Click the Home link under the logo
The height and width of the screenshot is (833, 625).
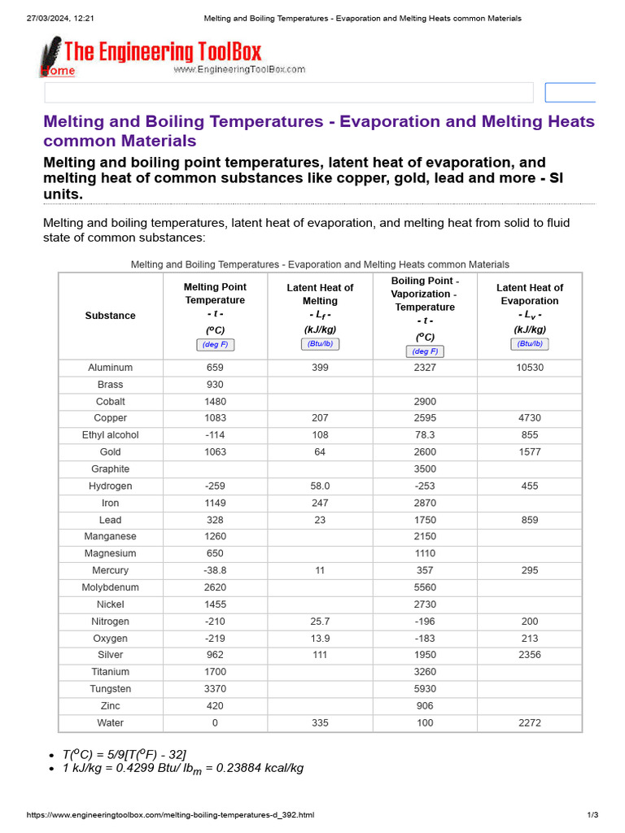pyautogui.click(x=58, y=71)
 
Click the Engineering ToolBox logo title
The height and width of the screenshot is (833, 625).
pyautogui.click(x=162, y=53)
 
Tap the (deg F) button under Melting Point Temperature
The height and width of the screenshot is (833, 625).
pyautogui.click(x=215, y=345)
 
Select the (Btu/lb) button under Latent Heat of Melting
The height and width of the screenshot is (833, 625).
pyautogui.click(x=320, y=344)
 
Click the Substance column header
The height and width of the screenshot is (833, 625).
pyautogui.click(x=111, y=316)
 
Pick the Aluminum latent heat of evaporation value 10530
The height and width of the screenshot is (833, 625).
pyautogui.click(x=529, y=368)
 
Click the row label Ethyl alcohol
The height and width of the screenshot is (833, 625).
pyautogui.click(x=111, y=435)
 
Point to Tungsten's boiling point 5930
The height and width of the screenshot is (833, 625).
pyautogui.click(x=425, y=689)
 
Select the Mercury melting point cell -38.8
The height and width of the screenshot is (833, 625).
pyautogui.click(x=215, y=570)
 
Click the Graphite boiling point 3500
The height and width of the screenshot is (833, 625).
pyautogui.click(x=425, y=469)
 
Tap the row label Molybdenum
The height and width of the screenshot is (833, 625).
pyautogui.click(x=111, y=587)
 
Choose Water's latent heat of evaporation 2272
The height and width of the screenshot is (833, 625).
pyautogui.click(x=529, y=723)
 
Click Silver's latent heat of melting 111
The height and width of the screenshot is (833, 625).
pyautogui.click(x=320, y=655)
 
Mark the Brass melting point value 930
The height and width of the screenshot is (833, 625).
pyautogui.click(x=215, y=385)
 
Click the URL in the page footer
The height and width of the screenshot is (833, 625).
pyautogui.click(x=170, y=815)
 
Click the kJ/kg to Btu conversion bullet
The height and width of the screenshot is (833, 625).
pyautogui.click(x=182, y=768)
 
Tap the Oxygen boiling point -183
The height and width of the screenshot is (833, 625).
pyautogui.click(x=425, y=639)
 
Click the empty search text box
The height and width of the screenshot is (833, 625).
pyautogui.click(x=289, y=93)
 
